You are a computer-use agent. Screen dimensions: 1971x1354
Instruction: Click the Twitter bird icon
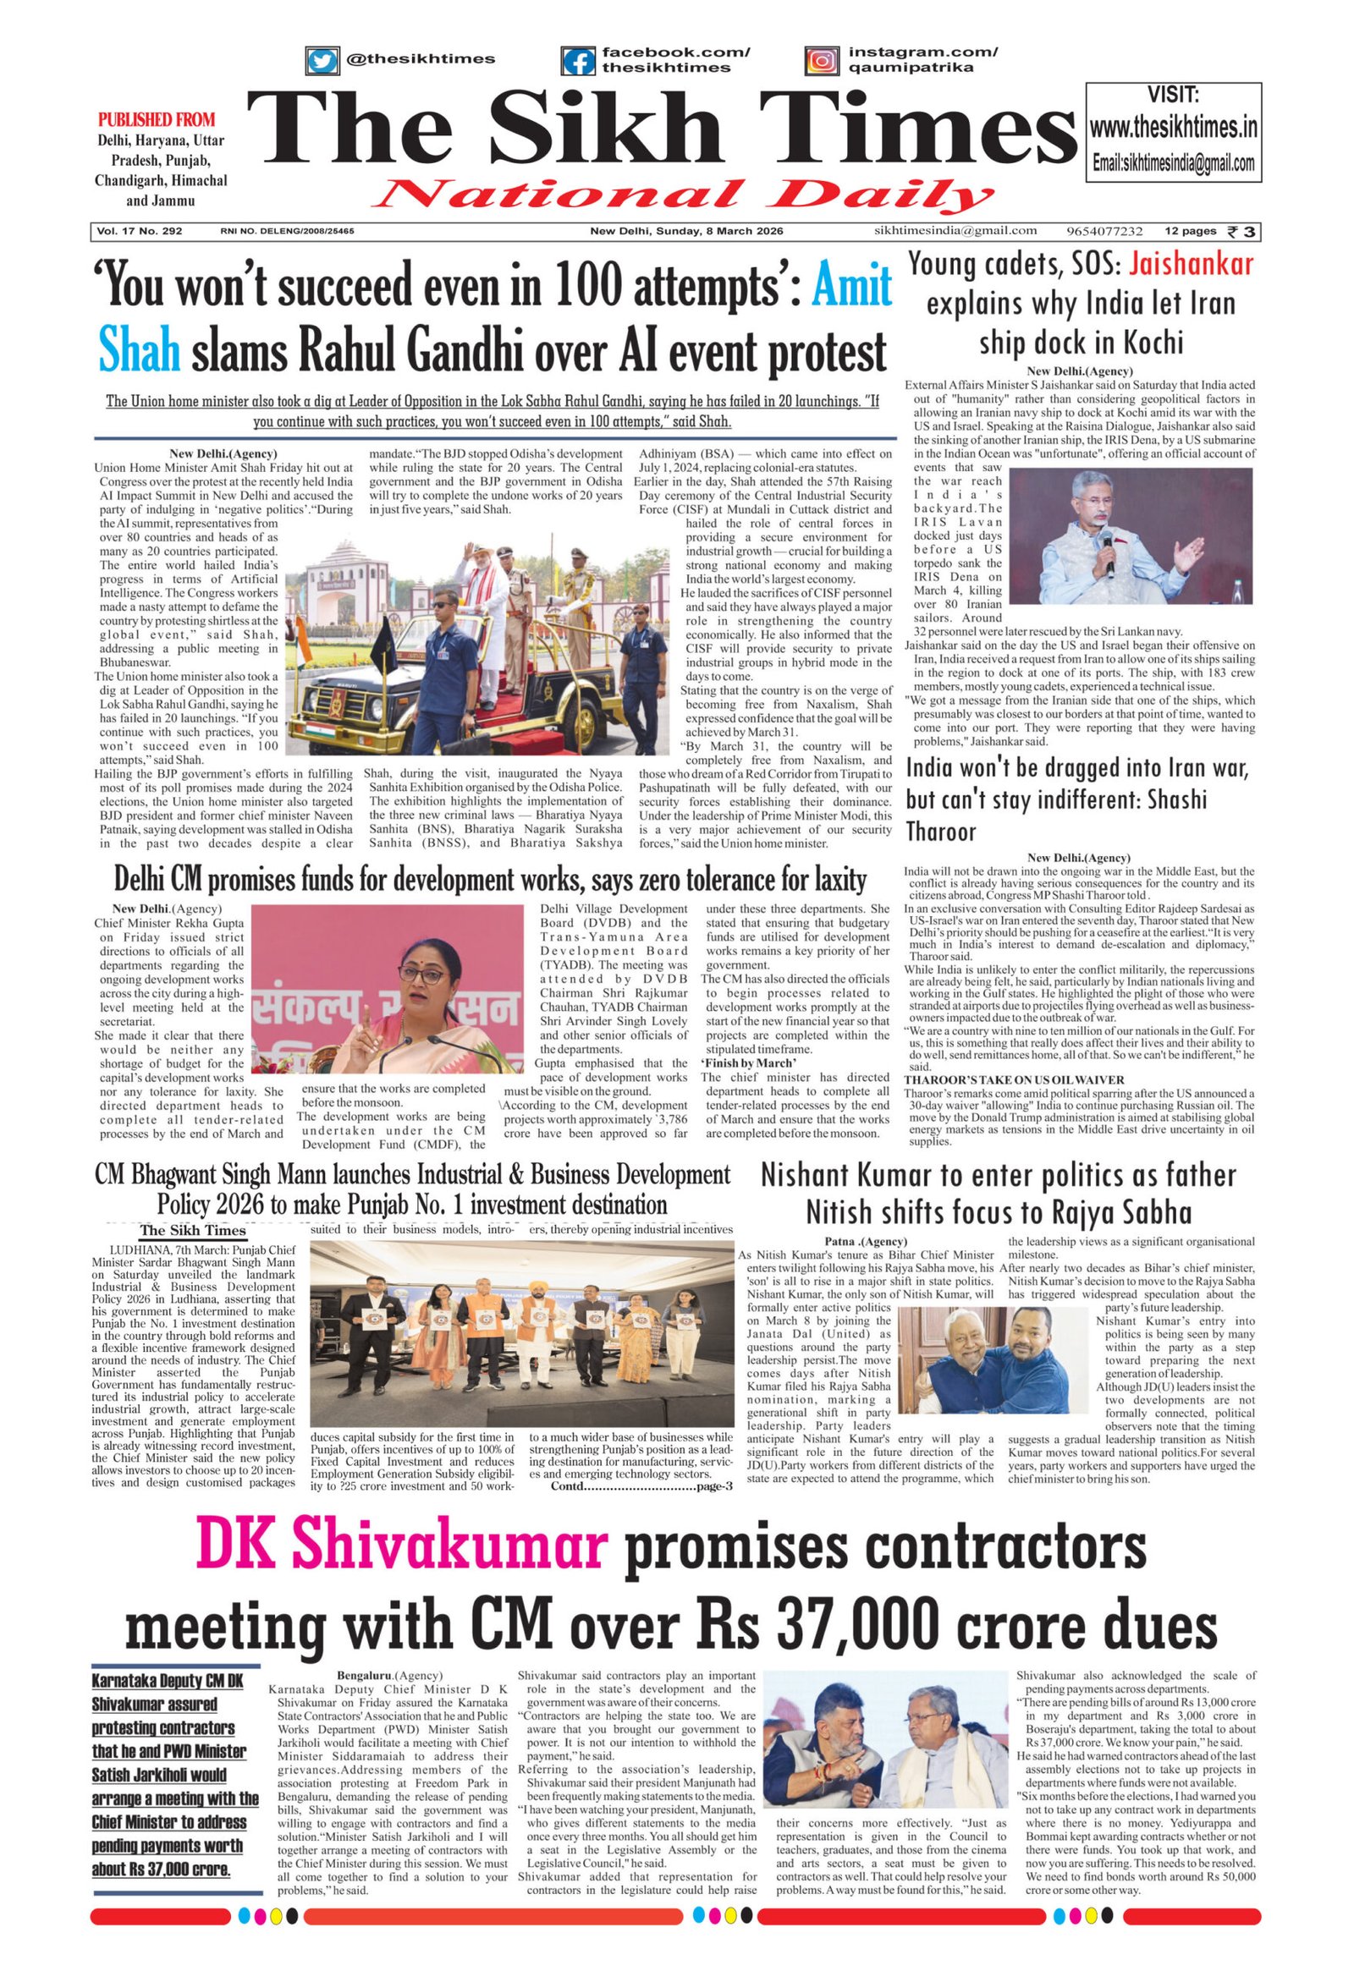[322, 61]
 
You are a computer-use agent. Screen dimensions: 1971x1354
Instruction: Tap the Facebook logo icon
[578, 61]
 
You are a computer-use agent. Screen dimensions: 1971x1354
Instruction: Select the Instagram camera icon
[821, 61]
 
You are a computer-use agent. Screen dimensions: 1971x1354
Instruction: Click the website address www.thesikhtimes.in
[1173, 129]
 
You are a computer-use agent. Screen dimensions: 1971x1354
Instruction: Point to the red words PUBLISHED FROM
[157, 119]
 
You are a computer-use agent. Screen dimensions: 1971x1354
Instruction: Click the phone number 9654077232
[1104, 231]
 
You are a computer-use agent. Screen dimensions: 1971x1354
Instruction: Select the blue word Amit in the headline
[852, 288]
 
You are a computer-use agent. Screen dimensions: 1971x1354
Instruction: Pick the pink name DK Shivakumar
[401, 1546]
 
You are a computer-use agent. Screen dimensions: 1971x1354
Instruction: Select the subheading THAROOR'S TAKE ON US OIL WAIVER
[1014, 1079]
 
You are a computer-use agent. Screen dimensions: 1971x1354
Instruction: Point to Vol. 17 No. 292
[139, 231]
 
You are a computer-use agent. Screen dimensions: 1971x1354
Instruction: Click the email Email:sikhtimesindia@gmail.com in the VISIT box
[1173, 163]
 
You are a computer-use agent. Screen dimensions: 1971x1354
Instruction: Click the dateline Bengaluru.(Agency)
[389, 1676]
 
